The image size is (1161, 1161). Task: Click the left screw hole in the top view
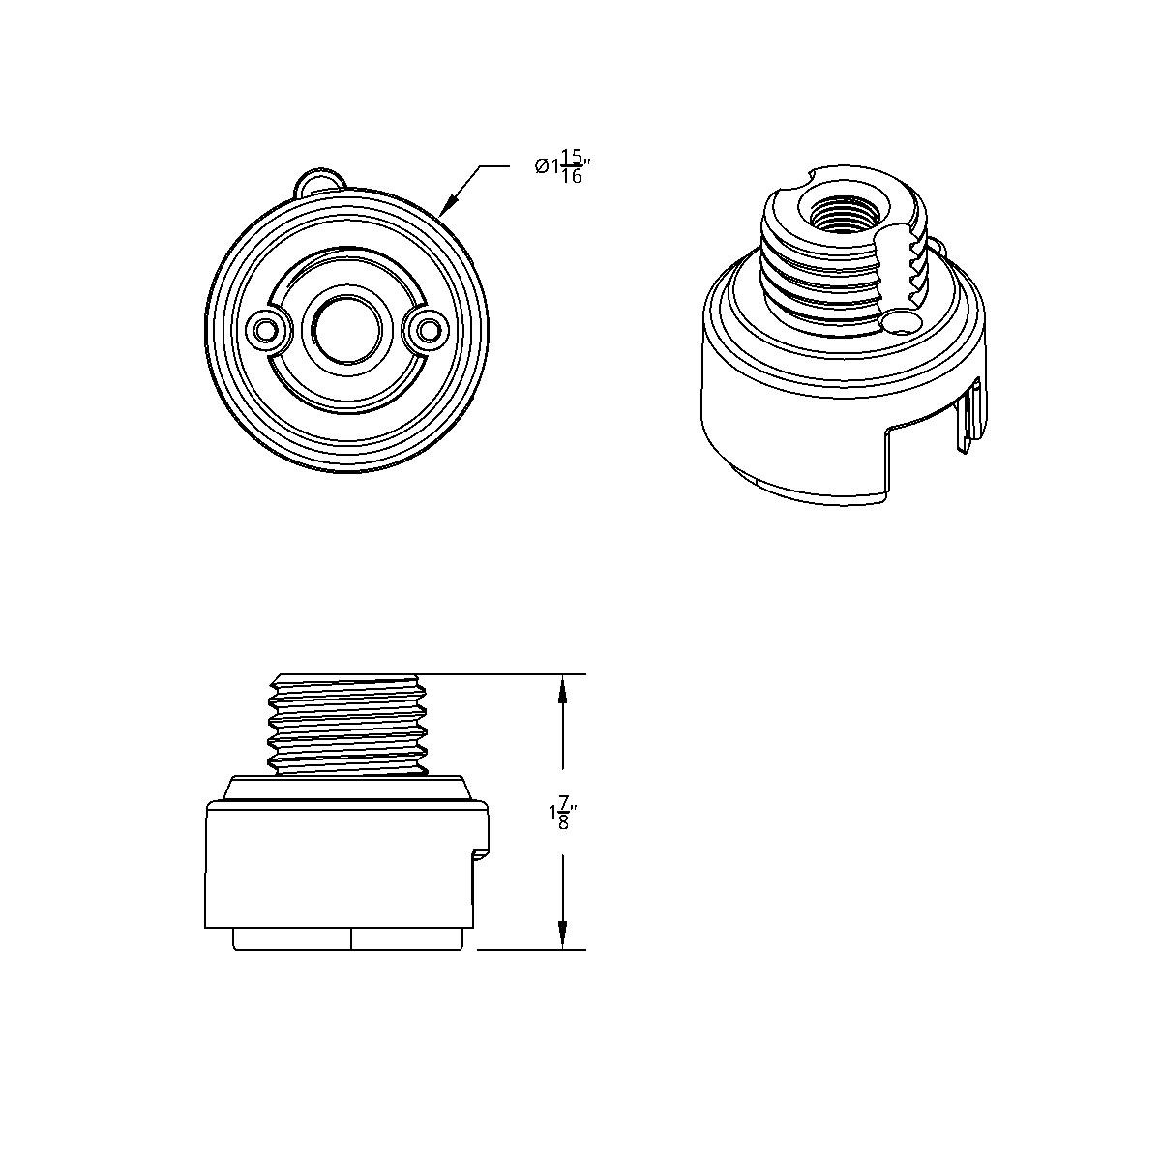tap(264, 329)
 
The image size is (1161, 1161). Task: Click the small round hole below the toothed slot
tap(902, 322)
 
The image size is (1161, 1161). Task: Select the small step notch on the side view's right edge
tap(479, 852)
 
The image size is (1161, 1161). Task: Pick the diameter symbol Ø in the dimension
tap(541, 166)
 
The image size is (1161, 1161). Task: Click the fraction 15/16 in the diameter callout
tap(573, 166)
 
